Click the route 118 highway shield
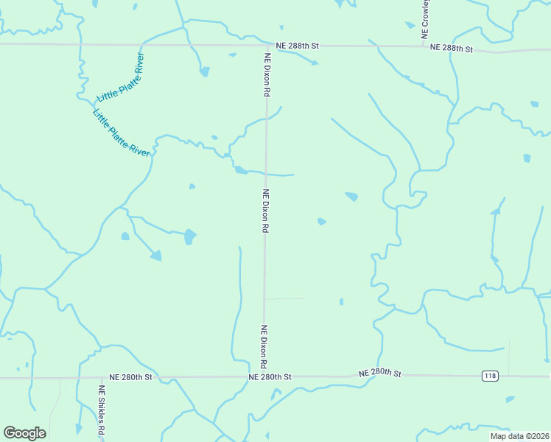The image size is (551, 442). click(491, 376)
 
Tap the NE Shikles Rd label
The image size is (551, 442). click(102, 410)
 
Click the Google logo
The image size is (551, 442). click(24, 433)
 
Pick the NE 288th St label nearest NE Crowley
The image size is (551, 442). click(450, 48)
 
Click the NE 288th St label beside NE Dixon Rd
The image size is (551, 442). click(297, 46)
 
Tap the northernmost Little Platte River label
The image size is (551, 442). click(120, 77)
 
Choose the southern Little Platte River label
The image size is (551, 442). click(122, 133)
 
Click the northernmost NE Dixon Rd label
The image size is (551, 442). click(268, 74)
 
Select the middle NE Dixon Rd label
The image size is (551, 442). click(264, 211)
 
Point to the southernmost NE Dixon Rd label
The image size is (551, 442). click(262, 346)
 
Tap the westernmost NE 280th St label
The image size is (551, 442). click(130, 377)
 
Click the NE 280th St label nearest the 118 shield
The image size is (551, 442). click(382, 373)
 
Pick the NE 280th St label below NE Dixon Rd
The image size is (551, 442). click(270, 377)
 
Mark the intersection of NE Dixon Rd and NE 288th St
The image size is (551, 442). click(267, 46)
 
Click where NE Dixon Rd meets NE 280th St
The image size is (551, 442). click(264, 377)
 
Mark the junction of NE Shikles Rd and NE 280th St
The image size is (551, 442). click(101, 377)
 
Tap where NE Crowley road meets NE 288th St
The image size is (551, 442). click(424, 46)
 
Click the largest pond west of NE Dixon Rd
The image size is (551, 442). click(189, 236)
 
